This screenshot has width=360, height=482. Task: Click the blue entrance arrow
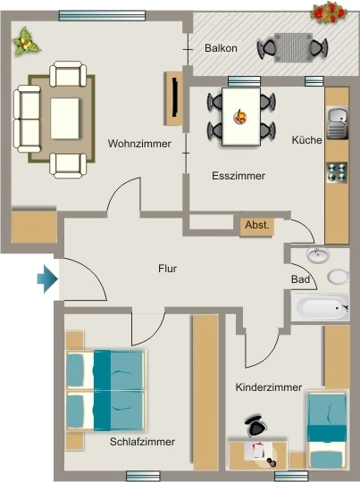click(47, 278)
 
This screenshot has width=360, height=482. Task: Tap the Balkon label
click(221, 48)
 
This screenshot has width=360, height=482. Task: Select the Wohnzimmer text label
click(139, 144)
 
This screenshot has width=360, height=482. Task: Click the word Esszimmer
click(239, 176)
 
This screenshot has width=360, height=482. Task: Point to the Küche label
click(306, 140)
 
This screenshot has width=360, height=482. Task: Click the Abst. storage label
click(257, 225)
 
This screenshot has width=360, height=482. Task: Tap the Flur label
click(167, 269)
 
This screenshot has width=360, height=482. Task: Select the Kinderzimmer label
click(269, 387)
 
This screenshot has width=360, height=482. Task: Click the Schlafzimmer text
click(142, 442)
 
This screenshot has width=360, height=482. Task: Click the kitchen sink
click(338, 122)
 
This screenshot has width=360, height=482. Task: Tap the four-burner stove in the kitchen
click(337, 172)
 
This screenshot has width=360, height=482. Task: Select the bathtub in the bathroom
click(321, 308)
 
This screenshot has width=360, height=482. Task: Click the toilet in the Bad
click(339, 277)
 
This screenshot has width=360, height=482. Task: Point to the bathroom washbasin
click(318, 254)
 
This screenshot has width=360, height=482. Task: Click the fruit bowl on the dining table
click(240, 117)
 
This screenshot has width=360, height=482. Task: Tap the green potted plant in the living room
click(26, 42)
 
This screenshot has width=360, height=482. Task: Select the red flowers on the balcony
click(328, 12)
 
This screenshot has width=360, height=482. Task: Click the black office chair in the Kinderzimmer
click(255, 425)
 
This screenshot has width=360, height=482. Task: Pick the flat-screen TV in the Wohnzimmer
click(175, 97)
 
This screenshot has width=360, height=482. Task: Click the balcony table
click(293, 47)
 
